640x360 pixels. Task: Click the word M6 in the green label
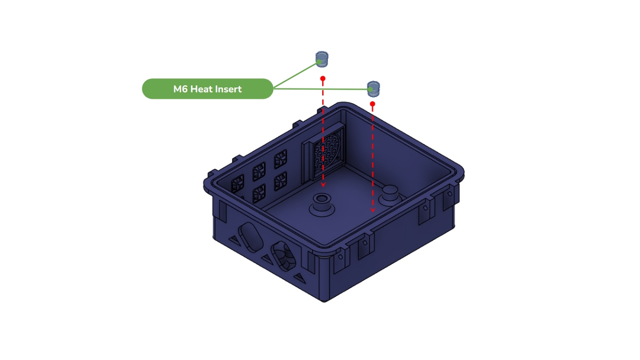click(x=180, y=89)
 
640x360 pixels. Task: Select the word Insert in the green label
click(x=228, y=89)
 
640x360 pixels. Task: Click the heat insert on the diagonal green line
click(x=322, y=59)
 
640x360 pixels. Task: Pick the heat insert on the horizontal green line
click(x=373, y=89)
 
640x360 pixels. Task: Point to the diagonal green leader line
click(x=295, y=75)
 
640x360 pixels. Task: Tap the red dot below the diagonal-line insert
click(x=323, y=78)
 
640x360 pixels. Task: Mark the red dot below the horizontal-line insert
click(x=372, y=104)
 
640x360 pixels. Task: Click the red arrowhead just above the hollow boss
click(x=323, y=185)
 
